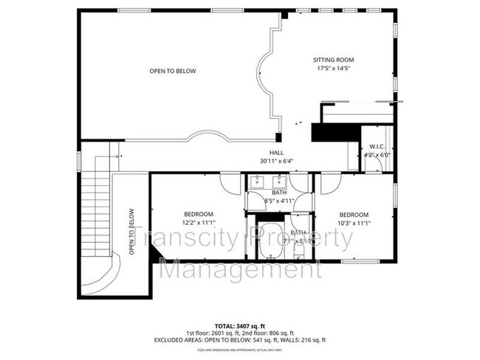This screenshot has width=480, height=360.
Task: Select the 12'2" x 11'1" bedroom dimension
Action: click(x=198, y=222)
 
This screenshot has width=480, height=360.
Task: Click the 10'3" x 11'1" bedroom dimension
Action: click(x=354, y=222)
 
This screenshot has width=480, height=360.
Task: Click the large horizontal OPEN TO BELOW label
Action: click(x=173, y=72)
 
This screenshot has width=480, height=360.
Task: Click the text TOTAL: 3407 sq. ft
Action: click(x=240, y=325)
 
